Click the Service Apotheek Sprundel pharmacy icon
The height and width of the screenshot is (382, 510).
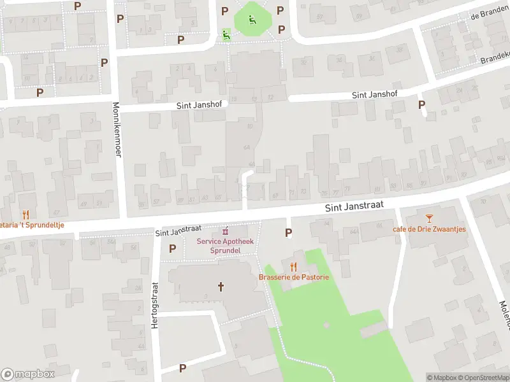(x=224, y=230)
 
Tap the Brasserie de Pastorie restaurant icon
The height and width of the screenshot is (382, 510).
(x=293, y=267)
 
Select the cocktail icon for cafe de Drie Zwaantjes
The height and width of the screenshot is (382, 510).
(x=429, y=218)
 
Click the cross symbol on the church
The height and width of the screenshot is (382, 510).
(x=221, y=286)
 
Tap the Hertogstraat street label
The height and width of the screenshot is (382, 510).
(x=154, y=306)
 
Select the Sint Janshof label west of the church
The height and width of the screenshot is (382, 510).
(x=202, y=106)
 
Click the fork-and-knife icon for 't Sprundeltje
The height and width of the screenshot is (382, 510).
(x=26, y=215)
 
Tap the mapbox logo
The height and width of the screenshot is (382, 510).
(x=28, y=374)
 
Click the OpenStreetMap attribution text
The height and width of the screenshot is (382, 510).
(x=483, y=378)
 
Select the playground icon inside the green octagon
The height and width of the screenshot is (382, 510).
(x=252, y=19)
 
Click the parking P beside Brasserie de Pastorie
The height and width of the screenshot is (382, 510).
(x=288, y=234)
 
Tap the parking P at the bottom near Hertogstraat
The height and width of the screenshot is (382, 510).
(x=182, y=368)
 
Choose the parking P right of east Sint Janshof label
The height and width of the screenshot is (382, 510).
(x=421, y=104)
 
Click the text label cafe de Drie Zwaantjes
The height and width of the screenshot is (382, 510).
(x=429, y=229)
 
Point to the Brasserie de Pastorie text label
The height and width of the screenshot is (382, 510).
(x=293, y=278)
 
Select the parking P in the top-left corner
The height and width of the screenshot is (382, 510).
(x=78, y=6)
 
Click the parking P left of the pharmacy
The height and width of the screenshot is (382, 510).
(x=172, y=248)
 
